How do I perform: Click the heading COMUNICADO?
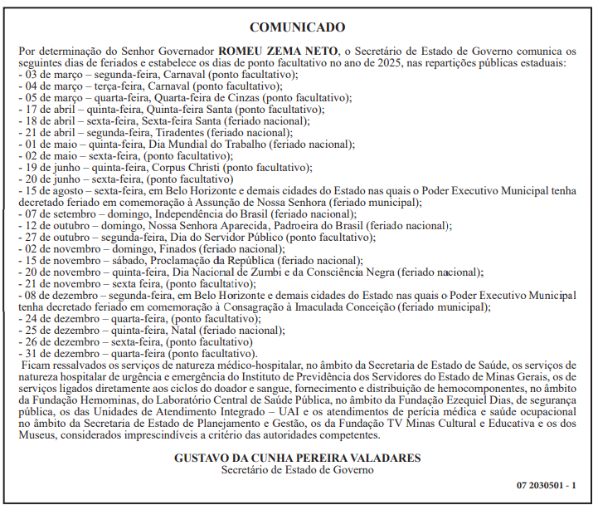[297, 27]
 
